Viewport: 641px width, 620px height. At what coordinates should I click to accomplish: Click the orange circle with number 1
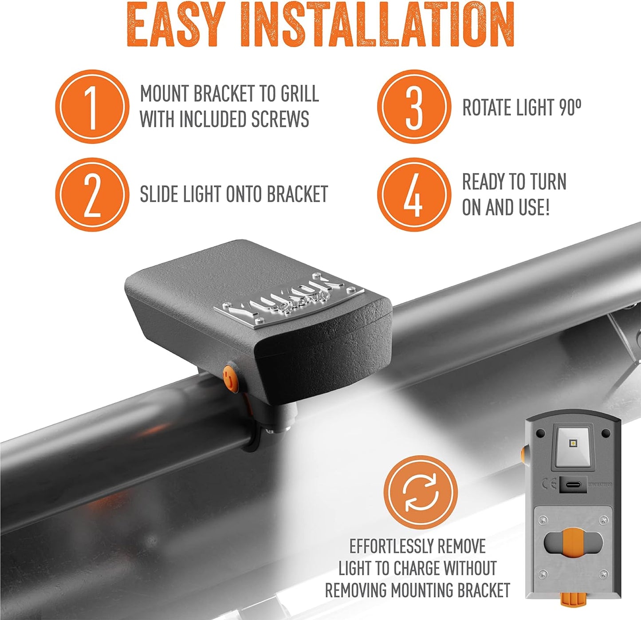click(92, 107)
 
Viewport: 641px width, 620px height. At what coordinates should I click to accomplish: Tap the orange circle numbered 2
click(92, 194)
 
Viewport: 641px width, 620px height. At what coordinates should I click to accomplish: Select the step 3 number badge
click(413, 107)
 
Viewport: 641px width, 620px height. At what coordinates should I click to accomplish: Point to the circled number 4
click(413, 194)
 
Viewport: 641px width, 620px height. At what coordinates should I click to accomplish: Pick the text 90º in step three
click(570, 108)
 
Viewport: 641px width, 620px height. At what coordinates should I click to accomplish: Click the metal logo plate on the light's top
click(288, 298)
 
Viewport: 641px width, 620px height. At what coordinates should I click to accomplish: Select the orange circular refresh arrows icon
click(420, 492)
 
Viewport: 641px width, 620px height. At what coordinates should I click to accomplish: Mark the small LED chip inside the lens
click(573, 443)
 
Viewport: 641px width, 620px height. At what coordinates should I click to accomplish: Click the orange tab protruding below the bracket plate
click(571, 600)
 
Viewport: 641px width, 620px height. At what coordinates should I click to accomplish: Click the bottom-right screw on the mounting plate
click(603, 574)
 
